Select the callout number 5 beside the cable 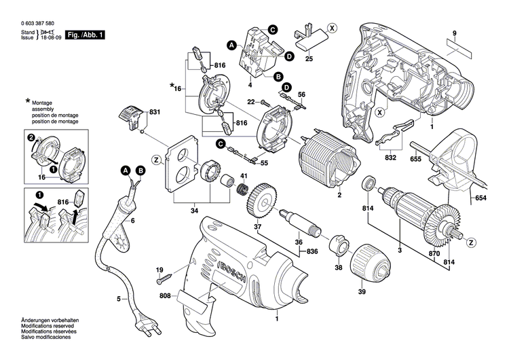(x=118, y=299)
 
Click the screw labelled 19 (x=162, y=278)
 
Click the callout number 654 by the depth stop (x=481, y=198)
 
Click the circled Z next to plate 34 (x=157, y=160)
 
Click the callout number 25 (x=309, y=60)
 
